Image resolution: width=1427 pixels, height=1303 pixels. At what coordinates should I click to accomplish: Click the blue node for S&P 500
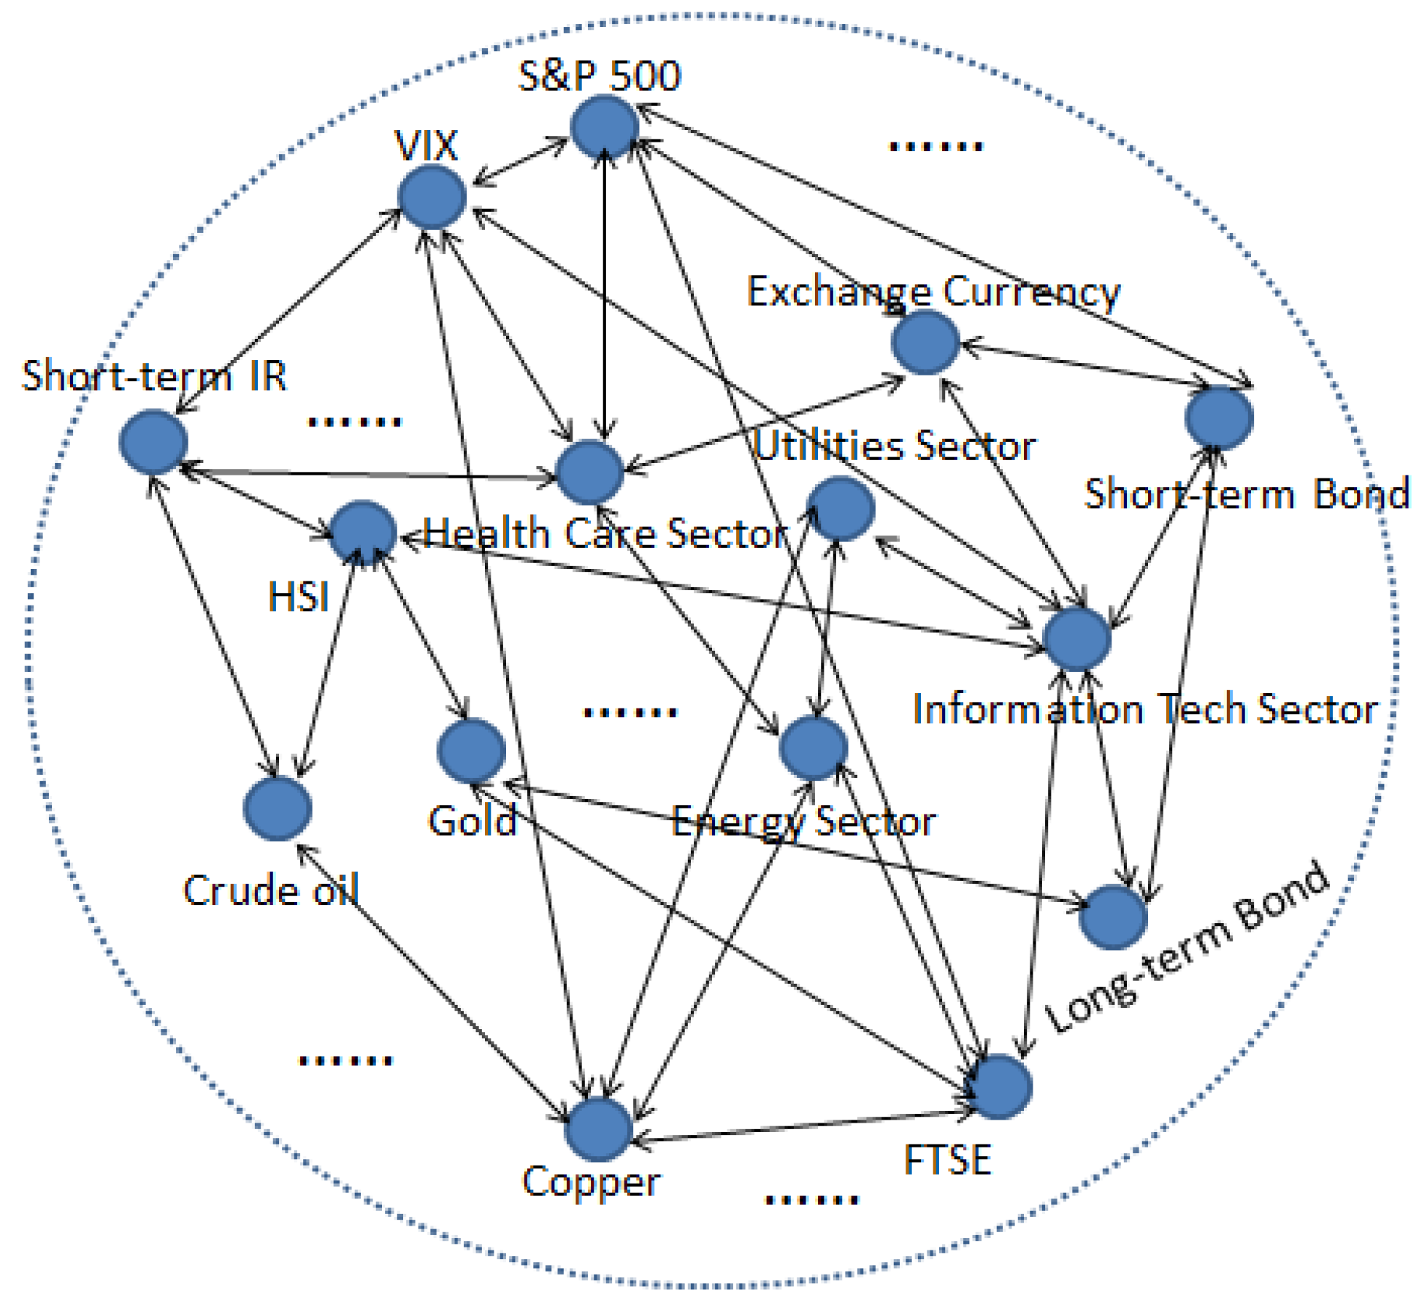[605, 127]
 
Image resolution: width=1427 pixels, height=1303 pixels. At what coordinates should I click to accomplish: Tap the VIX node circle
[432, 196]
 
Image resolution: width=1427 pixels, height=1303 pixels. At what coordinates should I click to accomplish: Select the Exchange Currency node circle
[925, 342]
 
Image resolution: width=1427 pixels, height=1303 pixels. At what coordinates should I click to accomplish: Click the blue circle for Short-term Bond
[1219, 418]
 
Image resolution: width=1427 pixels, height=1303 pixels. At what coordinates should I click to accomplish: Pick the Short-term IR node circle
[153, 442]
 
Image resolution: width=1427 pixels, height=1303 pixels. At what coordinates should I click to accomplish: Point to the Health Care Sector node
[589, 472]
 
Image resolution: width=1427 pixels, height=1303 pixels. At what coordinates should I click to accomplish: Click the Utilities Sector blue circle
[841, 508]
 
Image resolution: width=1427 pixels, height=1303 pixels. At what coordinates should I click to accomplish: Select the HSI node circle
[363, 532]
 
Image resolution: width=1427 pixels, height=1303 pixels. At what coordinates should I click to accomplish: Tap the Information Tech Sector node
[1077, 638]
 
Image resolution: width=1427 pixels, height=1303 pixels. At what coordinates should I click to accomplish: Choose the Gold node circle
[471, 750]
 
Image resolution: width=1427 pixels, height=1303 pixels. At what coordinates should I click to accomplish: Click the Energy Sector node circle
[813, 747]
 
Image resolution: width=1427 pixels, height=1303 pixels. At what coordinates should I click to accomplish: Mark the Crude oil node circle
[278, 809]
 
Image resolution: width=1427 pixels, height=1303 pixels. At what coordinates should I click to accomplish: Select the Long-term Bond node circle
[1112, 917]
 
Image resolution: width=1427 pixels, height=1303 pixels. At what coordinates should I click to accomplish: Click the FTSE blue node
[998, 1087]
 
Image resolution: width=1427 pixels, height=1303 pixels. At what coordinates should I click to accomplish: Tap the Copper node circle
[598, 1129]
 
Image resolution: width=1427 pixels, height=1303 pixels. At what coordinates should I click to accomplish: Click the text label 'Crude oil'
[270, 890]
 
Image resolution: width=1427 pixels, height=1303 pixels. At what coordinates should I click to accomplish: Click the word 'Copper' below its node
[591, 1182]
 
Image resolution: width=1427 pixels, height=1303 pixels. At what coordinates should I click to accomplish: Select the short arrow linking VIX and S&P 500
[520, 161]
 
